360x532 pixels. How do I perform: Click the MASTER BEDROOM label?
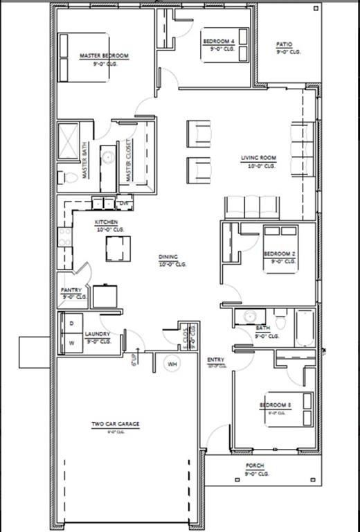click(x=105, y=56)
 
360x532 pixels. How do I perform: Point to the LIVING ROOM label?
click(x=259, y=158)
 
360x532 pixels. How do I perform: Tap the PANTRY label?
click(x=71, y=290)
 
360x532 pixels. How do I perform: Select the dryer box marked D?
click(x=71, y=323)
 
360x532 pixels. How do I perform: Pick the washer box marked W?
click(x=71, y=342)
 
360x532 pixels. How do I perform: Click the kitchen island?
click(x=118, y=248)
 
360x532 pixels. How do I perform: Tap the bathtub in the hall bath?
click(x=305, y=328)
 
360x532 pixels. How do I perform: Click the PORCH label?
click(x=256, y=466)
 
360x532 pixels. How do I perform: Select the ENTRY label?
click(x=215, y=360)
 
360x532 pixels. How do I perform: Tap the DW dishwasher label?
click(x=125, y=204)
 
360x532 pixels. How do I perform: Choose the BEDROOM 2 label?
click(x=280, y=255)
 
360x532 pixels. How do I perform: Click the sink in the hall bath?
click(x=247, y=317)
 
